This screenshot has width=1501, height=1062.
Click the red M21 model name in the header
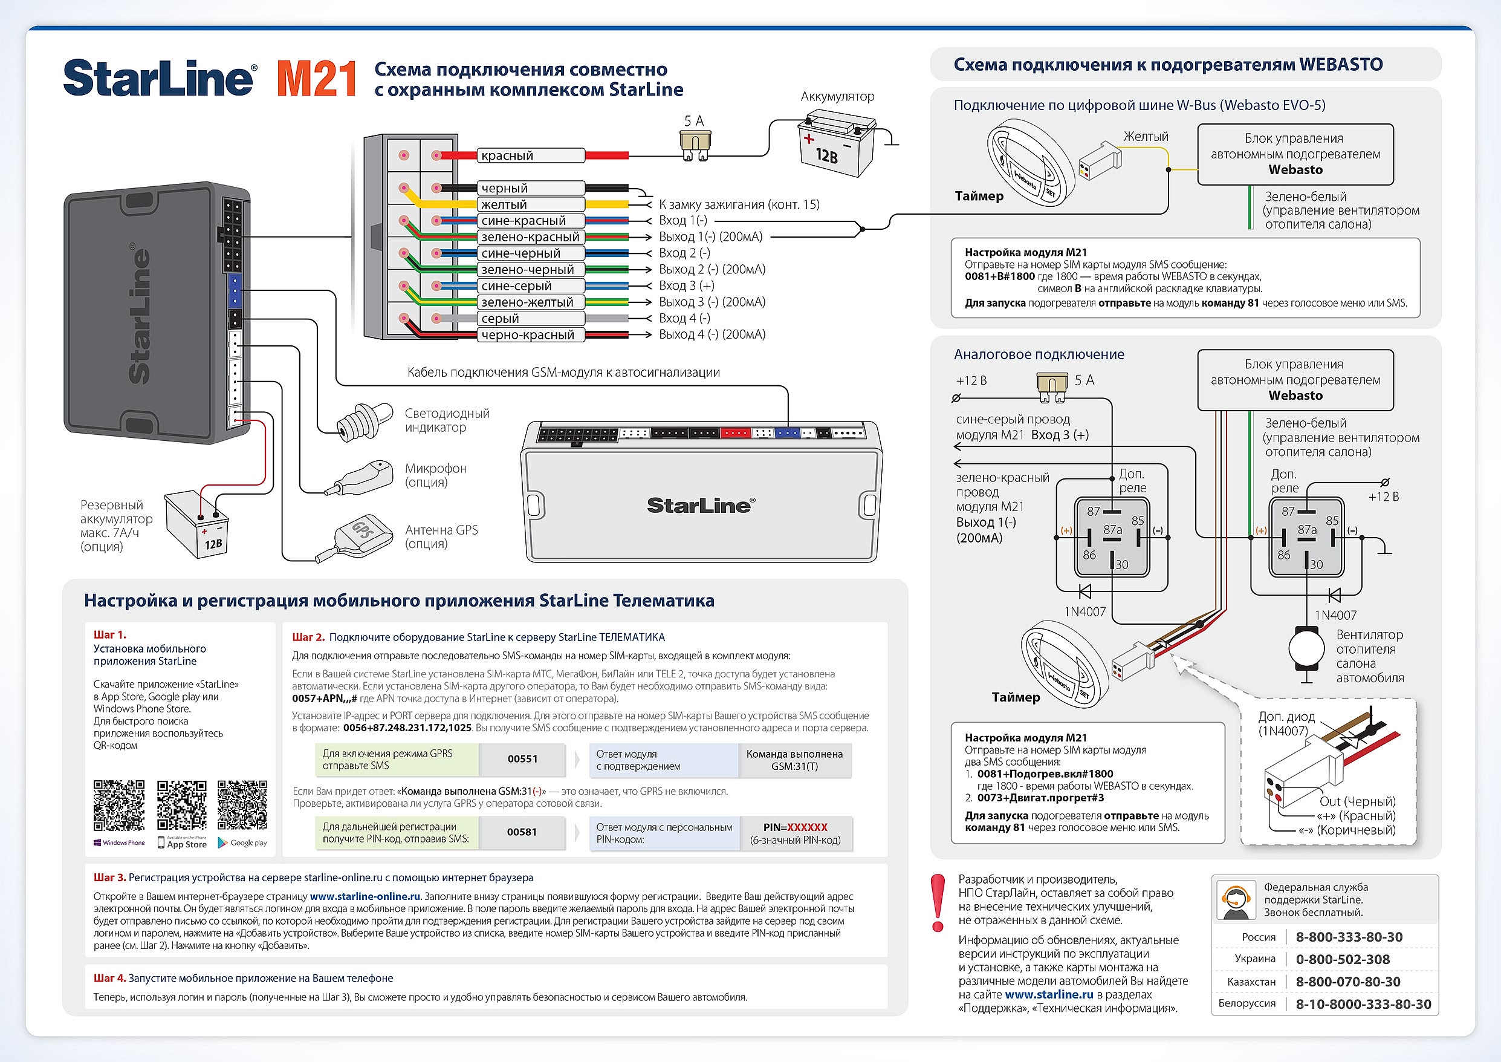click(316, 79)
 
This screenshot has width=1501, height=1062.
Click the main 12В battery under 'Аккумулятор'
click(836, 146)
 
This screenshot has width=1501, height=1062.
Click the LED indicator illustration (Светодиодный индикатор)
click(364, 420)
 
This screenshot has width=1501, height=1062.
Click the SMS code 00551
click(522, 759)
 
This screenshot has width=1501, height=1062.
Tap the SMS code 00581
click(522, 832)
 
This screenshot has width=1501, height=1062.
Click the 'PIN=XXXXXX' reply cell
click(795, 833)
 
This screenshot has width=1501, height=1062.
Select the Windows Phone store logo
click(119, 843)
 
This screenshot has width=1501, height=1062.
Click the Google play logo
click(242, 843)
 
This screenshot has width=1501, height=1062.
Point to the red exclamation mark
click(938, 902)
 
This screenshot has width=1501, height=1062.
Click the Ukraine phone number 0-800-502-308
click(1343, 959)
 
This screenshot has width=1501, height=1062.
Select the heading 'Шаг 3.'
click(109, 878)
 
